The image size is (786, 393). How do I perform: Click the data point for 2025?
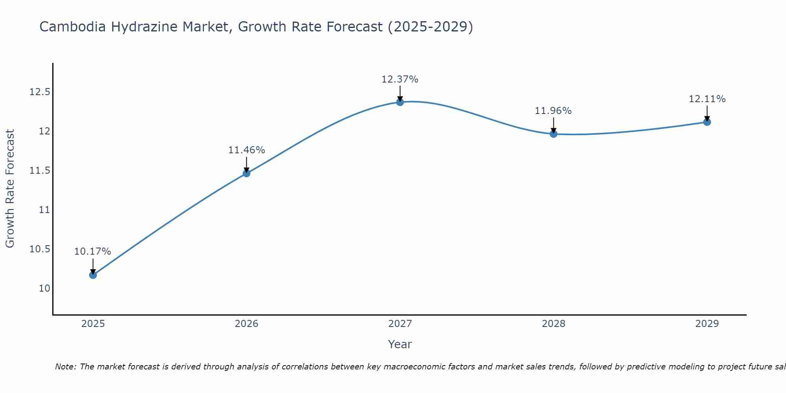(x=93, y=275)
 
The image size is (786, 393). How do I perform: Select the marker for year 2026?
(x=246, y=173)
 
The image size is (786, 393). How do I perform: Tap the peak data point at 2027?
(x=400, y=102)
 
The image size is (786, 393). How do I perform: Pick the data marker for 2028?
(x=553, y=134)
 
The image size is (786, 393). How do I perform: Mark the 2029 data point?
(x=707, y=122)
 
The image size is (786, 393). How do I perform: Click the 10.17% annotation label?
(x=93, y=252)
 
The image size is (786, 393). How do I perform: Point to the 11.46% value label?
(x=246, y=150)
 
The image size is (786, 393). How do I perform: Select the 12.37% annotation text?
(x=400, y=79)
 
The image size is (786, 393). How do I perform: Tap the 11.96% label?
(x=553, y=111)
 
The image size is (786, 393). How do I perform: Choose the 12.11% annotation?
(x=707, y=99)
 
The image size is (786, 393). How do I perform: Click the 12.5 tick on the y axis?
(x=40, y=92)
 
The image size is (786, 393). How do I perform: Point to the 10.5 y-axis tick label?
(x=40, y=249)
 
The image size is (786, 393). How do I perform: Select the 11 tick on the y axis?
(x=45, y=210)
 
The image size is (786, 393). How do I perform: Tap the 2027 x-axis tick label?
(x=400, y=324)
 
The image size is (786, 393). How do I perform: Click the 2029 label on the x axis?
(x=707, y=324)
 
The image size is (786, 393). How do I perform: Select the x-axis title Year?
(x=400, y=344)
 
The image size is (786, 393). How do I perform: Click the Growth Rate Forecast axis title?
(x=10, y=189)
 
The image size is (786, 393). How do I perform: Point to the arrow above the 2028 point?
(x=553, y=125)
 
